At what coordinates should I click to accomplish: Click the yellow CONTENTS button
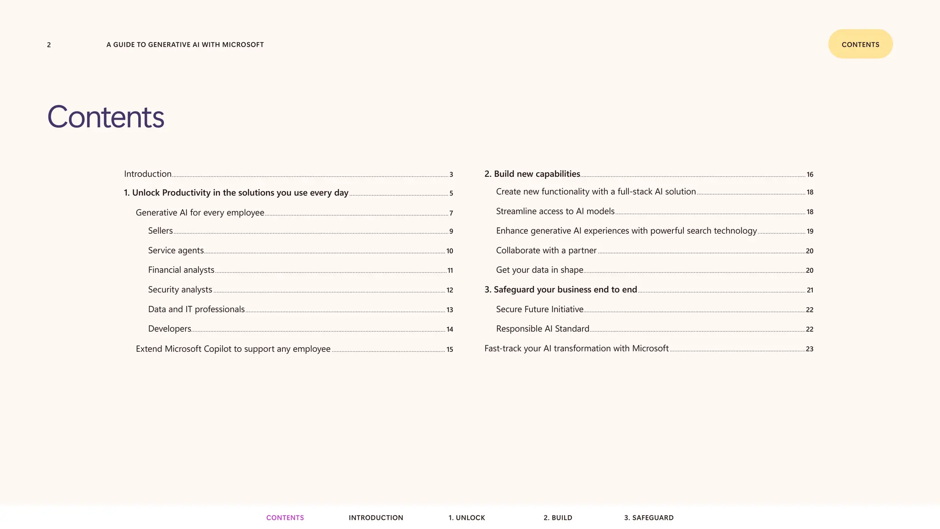(x=860, y=44)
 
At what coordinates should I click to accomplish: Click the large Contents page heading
(x=106, y=117)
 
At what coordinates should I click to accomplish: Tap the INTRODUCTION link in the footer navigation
(x=375, y=518)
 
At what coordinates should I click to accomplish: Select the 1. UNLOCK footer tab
(x=466, y=518)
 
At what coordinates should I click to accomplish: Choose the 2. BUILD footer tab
(x=558, y=518)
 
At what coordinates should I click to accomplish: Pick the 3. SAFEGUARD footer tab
(x=649, y=518)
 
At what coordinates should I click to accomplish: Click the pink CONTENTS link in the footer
(x=285, y=518)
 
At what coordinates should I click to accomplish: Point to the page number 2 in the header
(x=49, y=45)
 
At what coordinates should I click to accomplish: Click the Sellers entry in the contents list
(x=160, y=231)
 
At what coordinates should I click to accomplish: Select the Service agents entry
(x=176, y=251)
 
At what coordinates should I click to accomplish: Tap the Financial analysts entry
(x=181, y=270)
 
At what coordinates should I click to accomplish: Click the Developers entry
(x=169, y=329)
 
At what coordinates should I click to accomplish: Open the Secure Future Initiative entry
(x=539, y=310)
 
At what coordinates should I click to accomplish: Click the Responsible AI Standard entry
(x=543, y=329)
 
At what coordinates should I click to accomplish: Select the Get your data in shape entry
(x=539, y=270)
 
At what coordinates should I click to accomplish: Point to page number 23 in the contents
(x=809, y=349)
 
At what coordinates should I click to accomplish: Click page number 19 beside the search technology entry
(x=810, y=231)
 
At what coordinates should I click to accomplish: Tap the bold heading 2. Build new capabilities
(x=532, y=174)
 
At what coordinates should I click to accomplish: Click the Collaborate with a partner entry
(x=546, y=251)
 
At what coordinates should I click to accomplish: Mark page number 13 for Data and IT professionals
(x=449, y=310)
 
